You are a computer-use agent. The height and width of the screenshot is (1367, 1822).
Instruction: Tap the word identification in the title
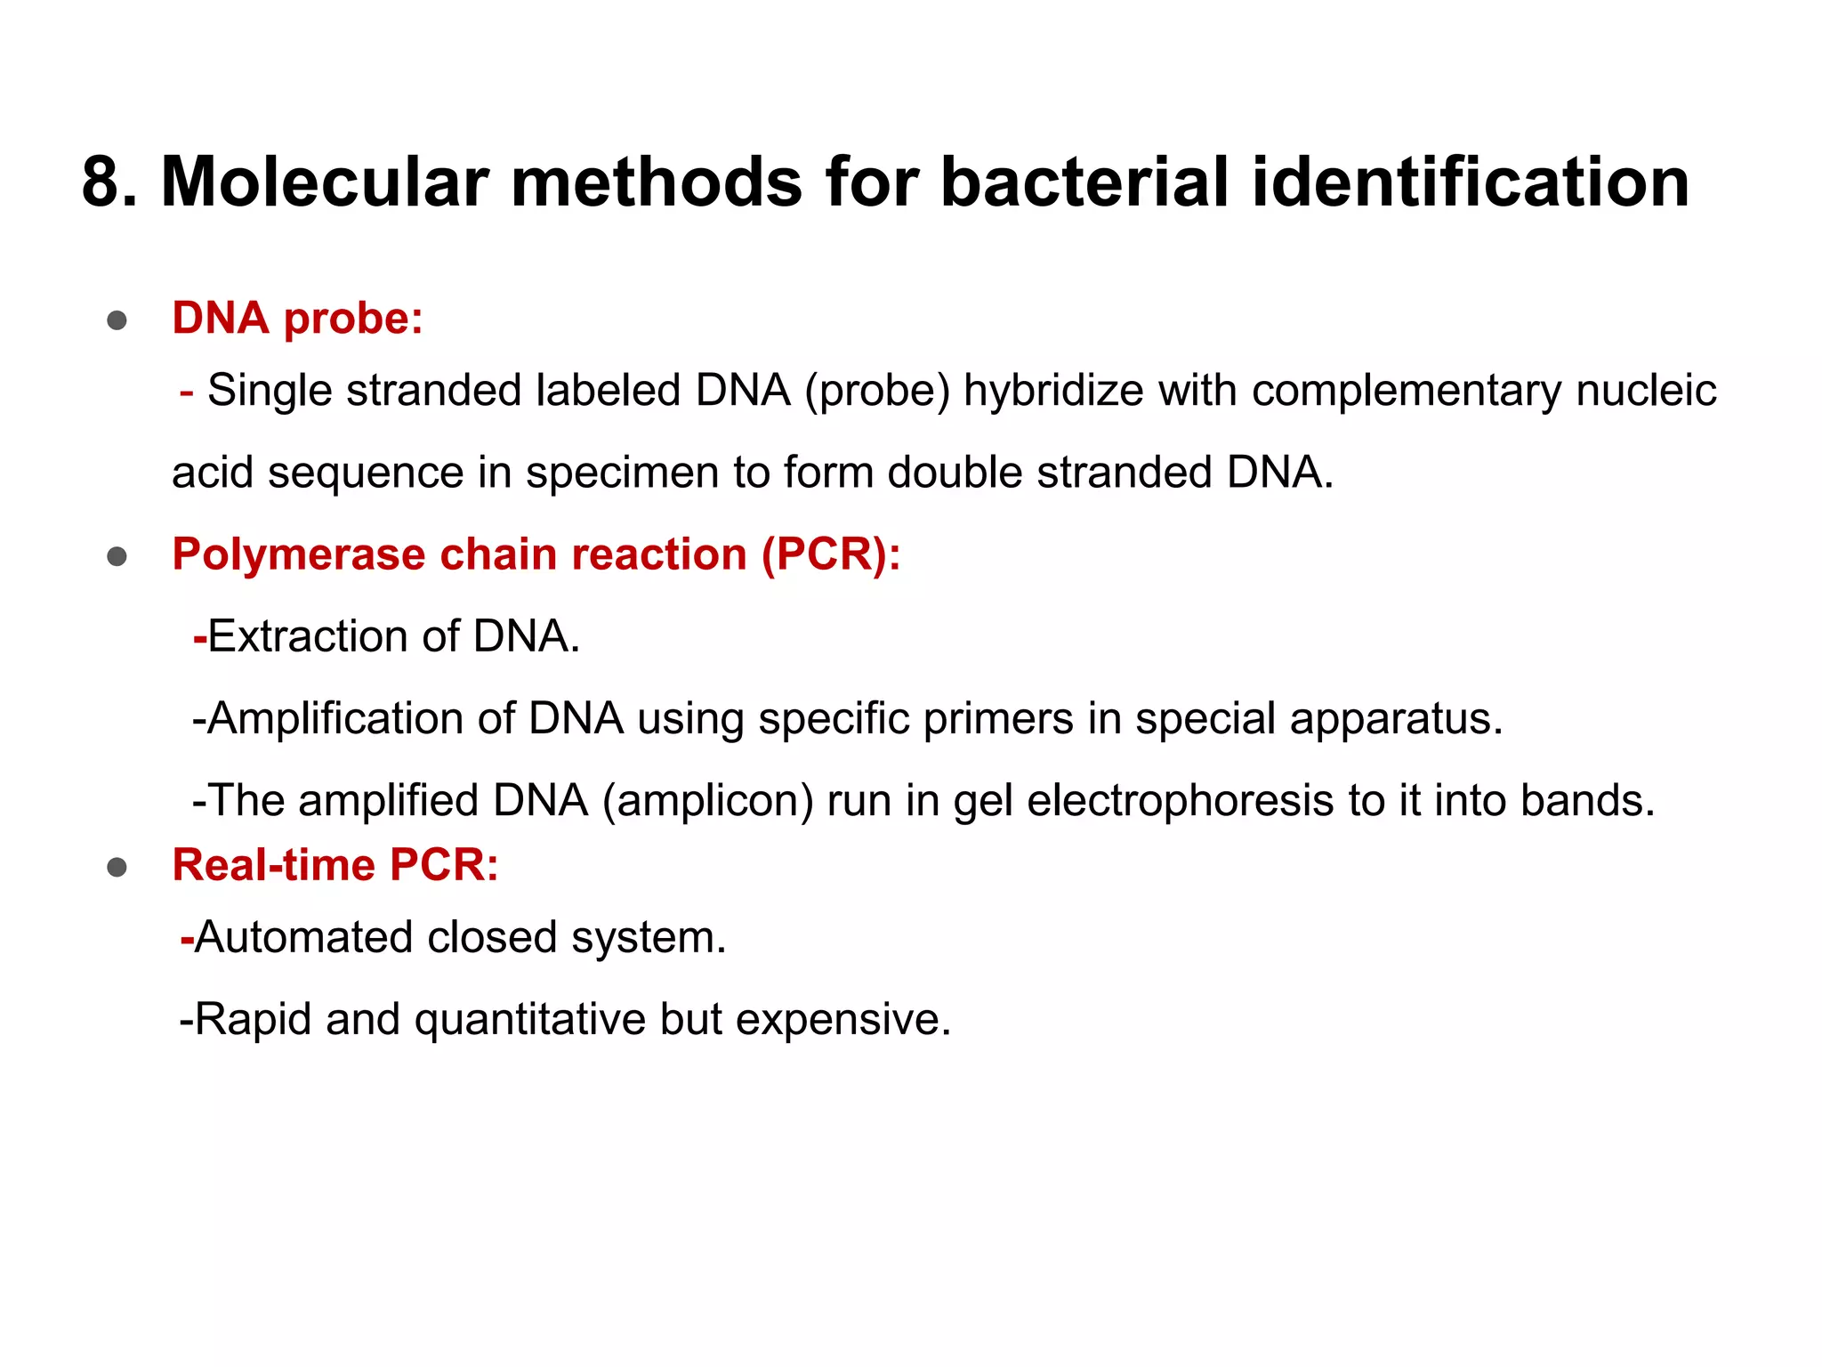click(1470, 182)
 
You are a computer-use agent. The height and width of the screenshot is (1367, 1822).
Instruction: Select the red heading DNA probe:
click(297, 318)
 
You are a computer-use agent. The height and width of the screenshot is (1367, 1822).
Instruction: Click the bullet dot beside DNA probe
click(117, 320)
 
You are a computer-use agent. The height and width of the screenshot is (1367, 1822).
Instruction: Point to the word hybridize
click(1053, 391)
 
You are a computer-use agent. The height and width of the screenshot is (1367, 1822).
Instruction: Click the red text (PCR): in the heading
click(831, 554)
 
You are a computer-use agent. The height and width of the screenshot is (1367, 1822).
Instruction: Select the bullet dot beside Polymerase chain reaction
click(117, 557)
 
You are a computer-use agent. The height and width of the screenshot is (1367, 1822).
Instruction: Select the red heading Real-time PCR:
click(335, 864)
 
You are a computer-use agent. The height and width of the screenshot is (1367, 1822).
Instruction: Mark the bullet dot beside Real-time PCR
click(117, 867)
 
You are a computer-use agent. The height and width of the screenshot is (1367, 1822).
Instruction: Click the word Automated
click(303, 937)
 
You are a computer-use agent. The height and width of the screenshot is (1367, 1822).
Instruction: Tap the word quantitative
click(530, 1019)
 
